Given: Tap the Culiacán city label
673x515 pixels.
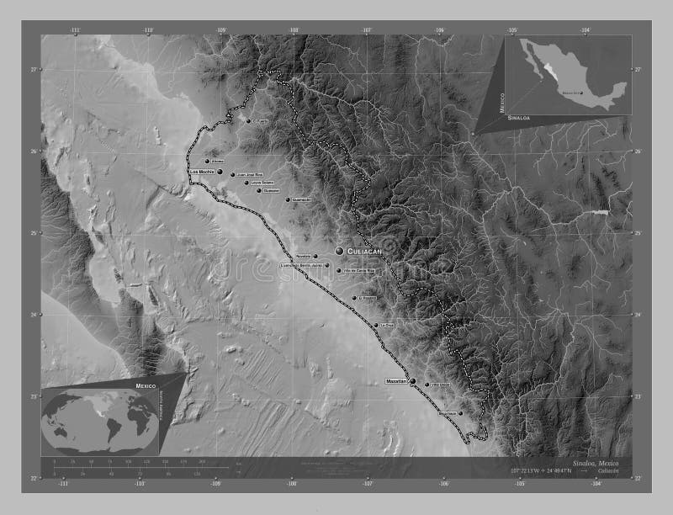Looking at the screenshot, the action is pos(364,251).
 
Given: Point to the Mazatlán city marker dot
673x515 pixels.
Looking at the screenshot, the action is pos(412,381).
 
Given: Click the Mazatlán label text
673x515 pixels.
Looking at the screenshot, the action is pos(395,381).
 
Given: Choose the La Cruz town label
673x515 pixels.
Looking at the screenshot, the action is pos(386,324).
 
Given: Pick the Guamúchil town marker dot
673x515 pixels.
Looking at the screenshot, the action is pos(288,199).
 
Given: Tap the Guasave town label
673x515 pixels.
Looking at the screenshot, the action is pos(271,191).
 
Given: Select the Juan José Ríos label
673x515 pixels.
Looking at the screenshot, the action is pos(252,175).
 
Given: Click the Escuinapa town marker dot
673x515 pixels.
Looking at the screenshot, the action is pos(460,413).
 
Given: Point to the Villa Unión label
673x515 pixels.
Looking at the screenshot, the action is pos(439,385).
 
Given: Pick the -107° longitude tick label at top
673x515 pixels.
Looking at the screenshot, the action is pos(367,29).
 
